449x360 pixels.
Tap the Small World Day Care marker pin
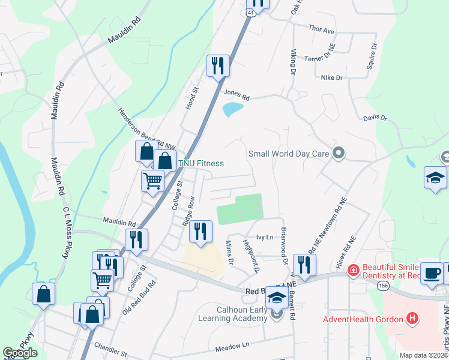click(x=338, y=154)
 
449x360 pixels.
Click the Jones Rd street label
click(x=236, y=94)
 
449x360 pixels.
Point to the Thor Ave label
click(x=321, y=29)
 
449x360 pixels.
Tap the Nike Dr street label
click(x=331, y=77)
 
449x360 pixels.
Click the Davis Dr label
click(x=375, y=118)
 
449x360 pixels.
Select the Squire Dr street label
click(x=373, y=55)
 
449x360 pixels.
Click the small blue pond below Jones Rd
click(x=232, y=109)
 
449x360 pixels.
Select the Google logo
click(x=20, y=353)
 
